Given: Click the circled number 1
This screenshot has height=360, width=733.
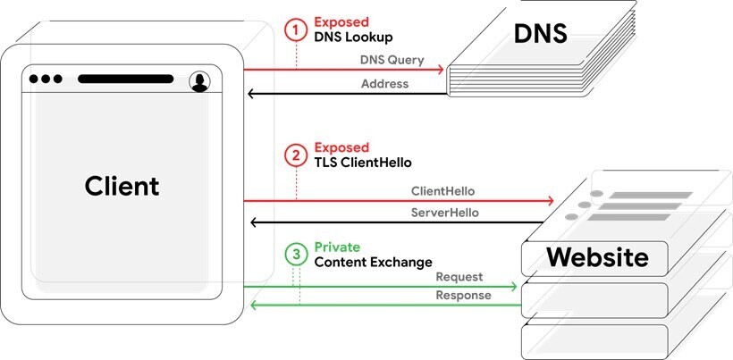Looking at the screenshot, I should pos(296,29).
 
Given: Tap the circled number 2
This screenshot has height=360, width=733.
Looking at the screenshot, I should pos(296,155).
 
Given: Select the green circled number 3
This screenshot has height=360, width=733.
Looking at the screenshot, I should pos(296,253).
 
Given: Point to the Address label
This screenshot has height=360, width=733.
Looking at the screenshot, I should pos(385,84).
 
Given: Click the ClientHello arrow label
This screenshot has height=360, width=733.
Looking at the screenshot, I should pos(442,191).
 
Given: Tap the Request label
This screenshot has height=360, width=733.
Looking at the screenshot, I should pos(459,277).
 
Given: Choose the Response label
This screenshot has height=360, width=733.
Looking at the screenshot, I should pos(463,296).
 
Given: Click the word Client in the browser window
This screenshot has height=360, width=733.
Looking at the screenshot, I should pos(122,187).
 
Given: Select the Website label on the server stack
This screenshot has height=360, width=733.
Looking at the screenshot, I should pos(597,257).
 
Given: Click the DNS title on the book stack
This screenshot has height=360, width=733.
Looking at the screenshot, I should pos(541,35).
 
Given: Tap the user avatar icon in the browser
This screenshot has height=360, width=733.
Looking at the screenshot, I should pos(198,81).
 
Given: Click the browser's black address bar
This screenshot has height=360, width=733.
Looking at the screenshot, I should pos(125,79).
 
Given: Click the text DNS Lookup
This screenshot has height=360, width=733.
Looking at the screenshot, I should pos(353,38).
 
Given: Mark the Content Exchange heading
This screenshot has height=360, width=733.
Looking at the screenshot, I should pos(373,262).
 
